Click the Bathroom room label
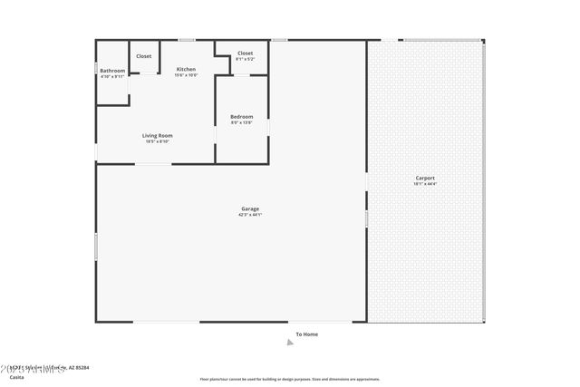coord(112,71)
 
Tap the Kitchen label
coord(186,70)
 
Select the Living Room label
coord(158,135)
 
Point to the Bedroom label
coord(241,116)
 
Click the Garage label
coord(250,209)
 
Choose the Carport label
coord(425,178)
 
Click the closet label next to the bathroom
coord(144,56)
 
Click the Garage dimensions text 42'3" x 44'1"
coord(250,215)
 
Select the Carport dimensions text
coord(425,184)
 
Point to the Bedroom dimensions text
coord(241,121)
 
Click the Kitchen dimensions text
coord(186,75)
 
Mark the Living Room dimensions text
coord(158,140)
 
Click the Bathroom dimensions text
coord(112,76)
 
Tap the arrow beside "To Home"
coord(290,342)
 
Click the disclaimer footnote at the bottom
coord(289,379)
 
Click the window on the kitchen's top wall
coord(186,40)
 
